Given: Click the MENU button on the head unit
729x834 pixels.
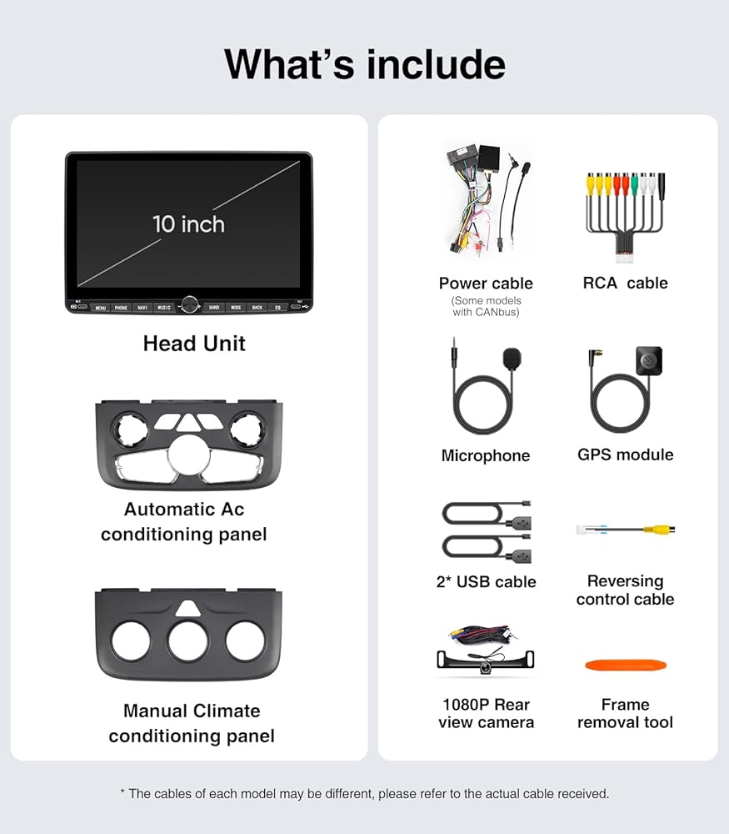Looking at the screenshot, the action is click(100, 308).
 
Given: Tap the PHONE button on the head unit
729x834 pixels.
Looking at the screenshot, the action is click(122, 308).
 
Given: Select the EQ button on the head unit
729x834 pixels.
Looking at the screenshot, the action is click(278, 308).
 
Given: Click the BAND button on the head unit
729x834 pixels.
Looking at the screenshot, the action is click(214, 308).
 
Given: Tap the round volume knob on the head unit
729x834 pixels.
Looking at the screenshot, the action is click(189, 305).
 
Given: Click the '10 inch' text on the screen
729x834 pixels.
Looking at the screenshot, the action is click(188, 224).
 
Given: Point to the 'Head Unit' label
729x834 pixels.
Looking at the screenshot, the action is click(194, 344).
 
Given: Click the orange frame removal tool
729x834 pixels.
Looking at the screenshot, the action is click(626, 666).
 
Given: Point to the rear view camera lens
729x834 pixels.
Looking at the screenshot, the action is click(486, 668).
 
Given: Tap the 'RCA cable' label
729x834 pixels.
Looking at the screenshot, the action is click(625, 283).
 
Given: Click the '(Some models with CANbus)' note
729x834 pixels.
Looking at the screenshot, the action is click(486, 306).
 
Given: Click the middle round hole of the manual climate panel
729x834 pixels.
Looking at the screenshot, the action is click(188, 641).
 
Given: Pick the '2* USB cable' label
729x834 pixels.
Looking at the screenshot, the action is click(486, 582).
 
